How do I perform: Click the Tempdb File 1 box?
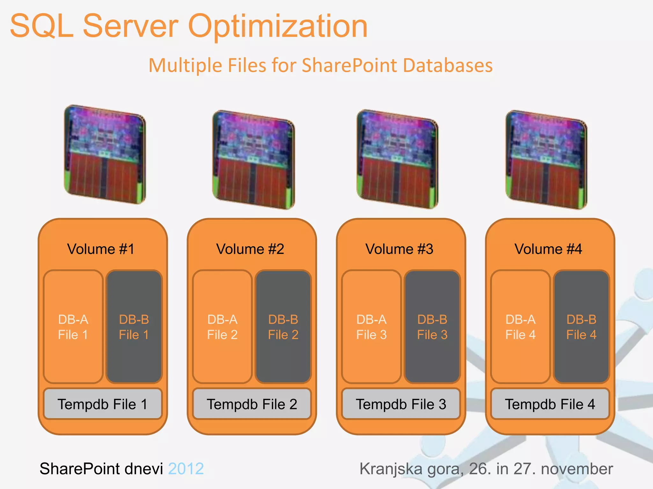tap(103, 404)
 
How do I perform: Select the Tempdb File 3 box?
tap(401, 404)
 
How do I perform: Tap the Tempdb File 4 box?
tap(550, 404)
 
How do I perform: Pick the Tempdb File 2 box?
tap(252, 404)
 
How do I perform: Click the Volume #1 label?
tap(101, 249)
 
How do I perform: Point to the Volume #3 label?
tap(399, 249)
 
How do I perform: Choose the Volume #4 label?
tap(548, 249)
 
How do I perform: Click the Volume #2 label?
tap(250, 249)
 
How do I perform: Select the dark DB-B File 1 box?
tap(134, 327)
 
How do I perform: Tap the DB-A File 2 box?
tap(222, 327)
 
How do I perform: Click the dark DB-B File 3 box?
tap(432, 327)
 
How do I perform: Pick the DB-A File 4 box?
tap(520, 327)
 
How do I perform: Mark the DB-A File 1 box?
tap(73, 327)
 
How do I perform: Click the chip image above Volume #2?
tap(254, 159)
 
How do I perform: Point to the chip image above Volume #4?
tap(547, 159)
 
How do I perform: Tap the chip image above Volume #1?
tap(105, 154)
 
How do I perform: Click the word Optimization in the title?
tap(278, 26)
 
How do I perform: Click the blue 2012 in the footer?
tap(186, 469)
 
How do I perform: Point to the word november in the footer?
tap(577, 469)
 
